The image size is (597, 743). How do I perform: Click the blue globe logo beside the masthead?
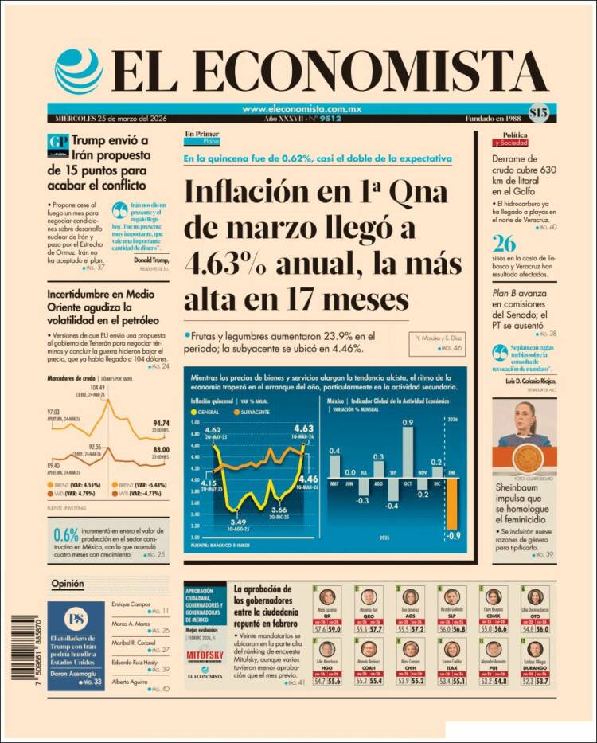(x=78, y=71)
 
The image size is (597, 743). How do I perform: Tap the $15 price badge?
(x=537, y=113)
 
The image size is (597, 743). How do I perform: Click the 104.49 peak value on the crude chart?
(x=98, y=388)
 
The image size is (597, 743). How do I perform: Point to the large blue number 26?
(x=504, y=244)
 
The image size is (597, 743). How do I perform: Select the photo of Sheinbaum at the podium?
(x=525, y=433)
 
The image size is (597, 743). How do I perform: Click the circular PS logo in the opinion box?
(x=76, y=619)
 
